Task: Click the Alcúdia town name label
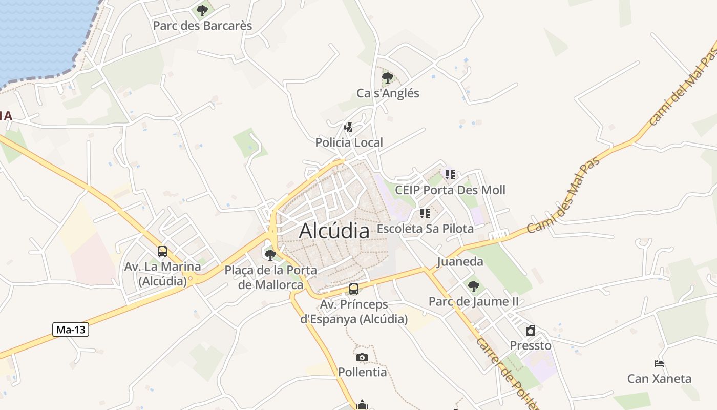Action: [334, 231]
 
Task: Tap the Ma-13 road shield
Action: [71, 330]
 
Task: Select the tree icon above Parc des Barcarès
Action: [202, 10]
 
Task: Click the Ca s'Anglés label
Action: [388, 93]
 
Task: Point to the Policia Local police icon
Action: [349, 127]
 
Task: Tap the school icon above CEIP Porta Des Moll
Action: [450, 175]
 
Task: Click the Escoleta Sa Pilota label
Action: [425, 229]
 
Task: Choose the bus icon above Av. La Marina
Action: [162, 252]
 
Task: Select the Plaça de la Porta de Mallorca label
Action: [271, 277]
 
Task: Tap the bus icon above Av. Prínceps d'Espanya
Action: [354, 289]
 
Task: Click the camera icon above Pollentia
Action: [362, 357]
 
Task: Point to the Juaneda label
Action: [460, 262]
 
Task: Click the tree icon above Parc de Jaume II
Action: [474, 286]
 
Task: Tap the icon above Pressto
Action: [531, 331]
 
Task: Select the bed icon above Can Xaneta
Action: [659, 364]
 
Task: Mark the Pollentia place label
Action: [362, 372]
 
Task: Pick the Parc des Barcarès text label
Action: [203, 26]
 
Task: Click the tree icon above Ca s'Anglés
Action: [388, 78]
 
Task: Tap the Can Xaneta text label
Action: [659, 379]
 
